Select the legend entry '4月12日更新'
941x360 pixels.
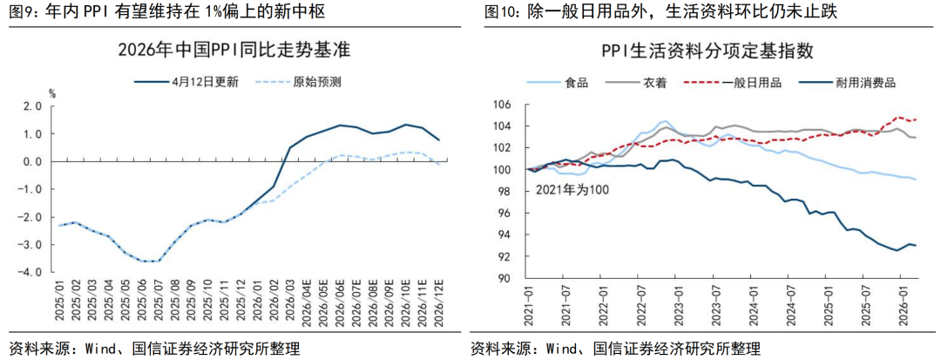[x=206, y=82]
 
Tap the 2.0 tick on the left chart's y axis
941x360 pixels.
[x=32, y=106]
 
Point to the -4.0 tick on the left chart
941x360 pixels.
[x=30, y=272]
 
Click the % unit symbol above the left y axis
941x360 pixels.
[x=51, y=92]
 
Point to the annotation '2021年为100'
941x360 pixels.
[x=572, y=188]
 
